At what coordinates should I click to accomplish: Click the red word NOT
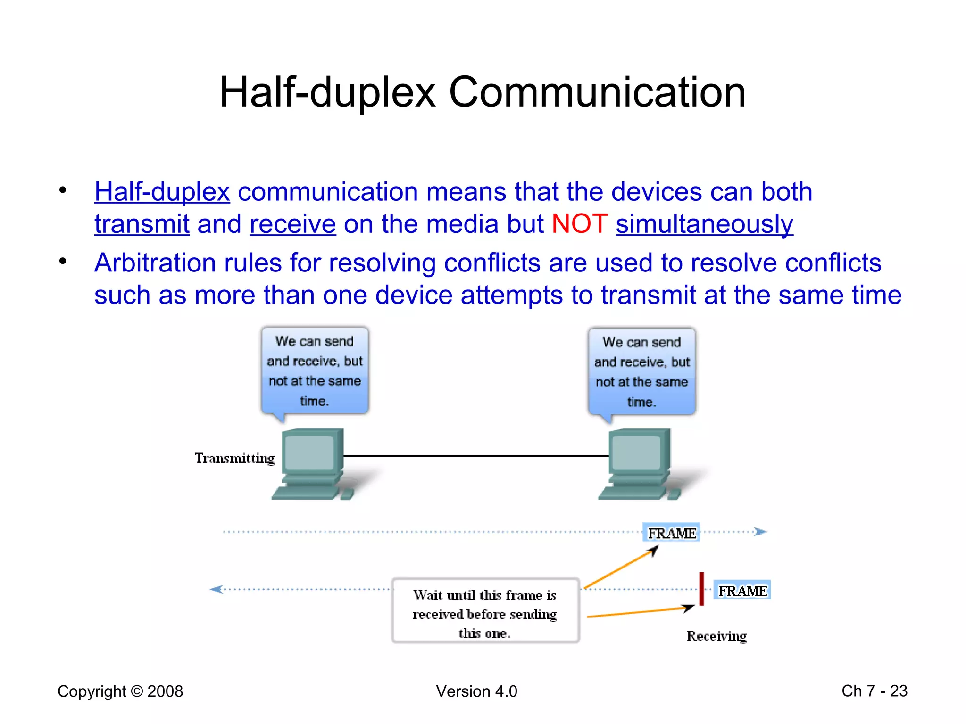579,223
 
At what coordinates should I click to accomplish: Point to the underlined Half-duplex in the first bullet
162,192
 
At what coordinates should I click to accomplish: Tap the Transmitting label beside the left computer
234,458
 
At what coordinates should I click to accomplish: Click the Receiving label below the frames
716,636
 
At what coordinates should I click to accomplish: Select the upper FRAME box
671,533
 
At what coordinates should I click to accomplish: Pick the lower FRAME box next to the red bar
742,591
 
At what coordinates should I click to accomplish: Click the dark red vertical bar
701,589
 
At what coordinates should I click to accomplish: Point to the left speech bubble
315,371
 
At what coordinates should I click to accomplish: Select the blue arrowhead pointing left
217,589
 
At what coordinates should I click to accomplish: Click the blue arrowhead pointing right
760,532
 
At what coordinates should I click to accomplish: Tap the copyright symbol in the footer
137,691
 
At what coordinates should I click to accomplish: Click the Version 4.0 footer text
476,691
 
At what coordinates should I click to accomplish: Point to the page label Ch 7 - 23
874,691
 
